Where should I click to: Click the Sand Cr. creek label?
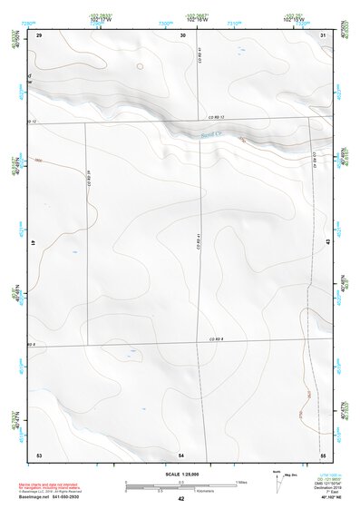point(211,134)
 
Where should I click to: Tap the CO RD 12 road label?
point(214,117)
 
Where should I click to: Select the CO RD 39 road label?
point(91,179)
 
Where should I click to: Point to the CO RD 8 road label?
point(216,338)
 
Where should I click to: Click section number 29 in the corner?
point(39,34)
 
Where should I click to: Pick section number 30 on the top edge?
point(183,34)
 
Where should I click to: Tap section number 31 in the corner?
point(324,34)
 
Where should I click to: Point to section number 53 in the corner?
point(39,453)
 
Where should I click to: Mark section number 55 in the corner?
point(323,453)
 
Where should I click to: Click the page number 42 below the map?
point(181,499)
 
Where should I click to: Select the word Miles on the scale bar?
point(241,481)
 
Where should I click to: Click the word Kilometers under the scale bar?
point(190,490)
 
